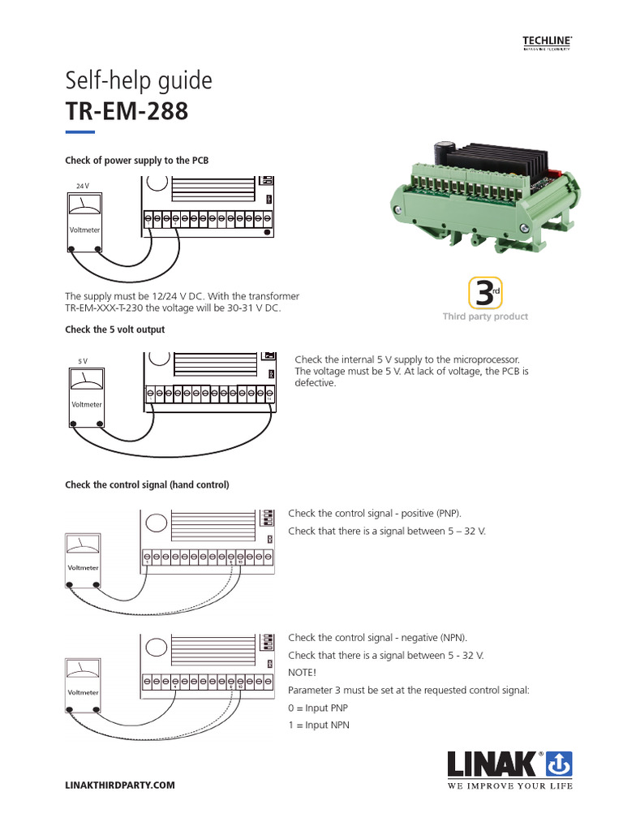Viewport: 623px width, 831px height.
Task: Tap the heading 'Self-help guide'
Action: (138, 80)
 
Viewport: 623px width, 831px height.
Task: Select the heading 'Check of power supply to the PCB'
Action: (136, 161)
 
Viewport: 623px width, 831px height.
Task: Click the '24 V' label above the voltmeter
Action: (82, 186)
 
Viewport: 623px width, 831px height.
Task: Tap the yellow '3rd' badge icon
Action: (484, 293)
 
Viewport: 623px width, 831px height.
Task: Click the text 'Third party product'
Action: (485, 316)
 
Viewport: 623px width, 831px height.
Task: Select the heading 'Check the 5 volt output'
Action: (114, 329)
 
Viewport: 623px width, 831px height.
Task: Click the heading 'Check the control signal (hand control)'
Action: (147, 484)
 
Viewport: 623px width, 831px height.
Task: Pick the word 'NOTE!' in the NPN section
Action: (302, 672)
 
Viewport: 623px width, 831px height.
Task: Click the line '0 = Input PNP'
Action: (318, 708)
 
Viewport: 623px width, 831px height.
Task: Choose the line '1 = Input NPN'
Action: (319, 725)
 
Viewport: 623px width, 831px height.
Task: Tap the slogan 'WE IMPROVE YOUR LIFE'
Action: (510, 786)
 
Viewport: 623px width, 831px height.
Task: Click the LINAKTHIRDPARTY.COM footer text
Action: (119, 786)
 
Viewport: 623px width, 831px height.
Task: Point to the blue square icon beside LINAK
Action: (559, 764)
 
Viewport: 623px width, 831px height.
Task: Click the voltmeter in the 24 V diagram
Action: (85, 218)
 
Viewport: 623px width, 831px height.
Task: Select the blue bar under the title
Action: (79, 131)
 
